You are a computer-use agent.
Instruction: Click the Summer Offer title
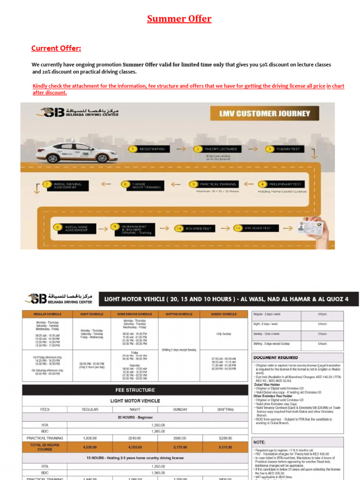(x=180, y=19)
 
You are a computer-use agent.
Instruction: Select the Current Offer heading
(x=56, y=48)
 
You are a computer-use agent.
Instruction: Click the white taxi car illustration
(x=77, y=153)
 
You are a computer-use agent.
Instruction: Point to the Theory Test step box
(x=285, y=149)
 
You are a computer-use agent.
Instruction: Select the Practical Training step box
(x=213, y=184)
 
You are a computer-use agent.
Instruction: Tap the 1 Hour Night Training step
(x=144, y=185)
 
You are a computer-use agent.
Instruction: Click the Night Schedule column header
(x=92, y=314)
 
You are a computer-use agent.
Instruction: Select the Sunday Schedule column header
(x=224, y=314)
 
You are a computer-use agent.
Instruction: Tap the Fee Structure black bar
(x=135, y=390)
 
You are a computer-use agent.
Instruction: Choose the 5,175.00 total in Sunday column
(x=180, y=447)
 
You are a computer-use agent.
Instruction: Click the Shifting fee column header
(x=225, y=409)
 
